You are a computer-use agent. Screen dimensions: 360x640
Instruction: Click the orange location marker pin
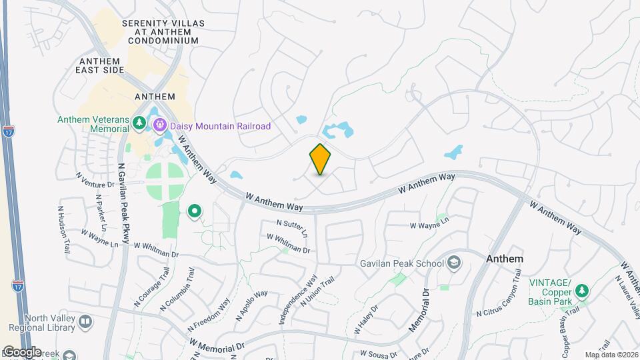[320, 159]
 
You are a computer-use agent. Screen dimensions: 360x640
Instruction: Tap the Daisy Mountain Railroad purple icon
[160, 125]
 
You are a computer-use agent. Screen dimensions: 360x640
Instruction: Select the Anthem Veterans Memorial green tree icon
[139, 123]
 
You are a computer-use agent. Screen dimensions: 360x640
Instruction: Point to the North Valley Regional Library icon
[85, 322]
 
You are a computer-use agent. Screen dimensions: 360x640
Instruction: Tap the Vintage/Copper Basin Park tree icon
[582, 291]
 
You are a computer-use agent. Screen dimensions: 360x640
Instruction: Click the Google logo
[22, 351]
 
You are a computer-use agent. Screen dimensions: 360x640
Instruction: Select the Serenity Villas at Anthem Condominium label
[160, 31]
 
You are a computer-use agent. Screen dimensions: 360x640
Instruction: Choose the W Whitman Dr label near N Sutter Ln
[289, 243]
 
